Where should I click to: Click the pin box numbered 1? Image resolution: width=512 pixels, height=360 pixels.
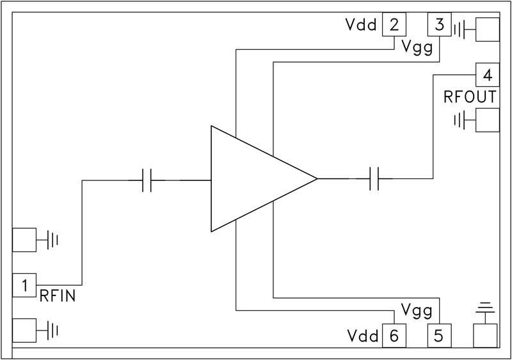pyautogui.click(x=24, y=286)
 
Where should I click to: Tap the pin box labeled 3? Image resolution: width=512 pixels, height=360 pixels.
pyautogui.click(x=439, y=26)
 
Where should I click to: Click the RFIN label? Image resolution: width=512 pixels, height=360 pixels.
pyautogui.click(x=58, y=296)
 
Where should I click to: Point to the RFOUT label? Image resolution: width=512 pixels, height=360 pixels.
pyautogui.click(x=470, y=98)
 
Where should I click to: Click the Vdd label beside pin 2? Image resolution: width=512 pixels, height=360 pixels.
pyautogui.click(x=360, y=26)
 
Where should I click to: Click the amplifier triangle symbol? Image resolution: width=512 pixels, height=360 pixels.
pyautogui.click(x=256, y=179)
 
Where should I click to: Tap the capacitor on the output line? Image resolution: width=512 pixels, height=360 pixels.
pyautogui.click(x=376, y=179)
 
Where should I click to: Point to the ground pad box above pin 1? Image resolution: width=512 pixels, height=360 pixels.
pyautogui.click(x=24, y=240)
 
